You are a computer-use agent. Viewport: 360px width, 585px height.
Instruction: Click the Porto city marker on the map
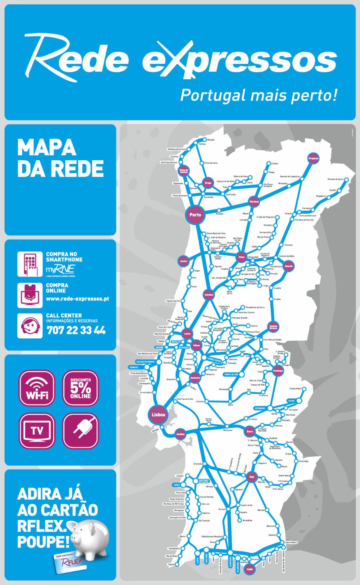[x=195, y=215]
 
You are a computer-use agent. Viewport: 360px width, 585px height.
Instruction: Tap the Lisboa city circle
[x=158, y=415]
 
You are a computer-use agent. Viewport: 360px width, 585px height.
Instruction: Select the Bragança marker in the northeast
[x=313, y=158]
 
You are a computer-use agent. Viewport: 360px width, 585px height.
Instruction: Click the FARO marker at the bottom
[x=250, y=569]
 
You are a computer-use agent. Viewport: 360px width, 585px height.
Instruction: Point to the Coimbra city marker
[x=209, y=295]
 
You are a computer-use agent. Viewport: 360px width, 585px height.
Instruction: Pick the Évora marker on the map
[x=250, y=431]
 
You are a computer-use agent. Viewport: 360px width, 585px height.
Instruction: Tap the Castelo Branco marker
[x=273, y=327]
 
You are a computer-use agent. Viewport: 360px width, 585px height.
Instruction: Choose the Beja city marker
[x=252, y=477]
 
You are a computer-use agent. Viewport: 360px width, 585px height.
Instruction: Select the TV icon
[x=37, y=431]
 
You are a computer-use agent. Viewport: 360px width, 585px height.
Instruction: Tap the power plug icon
[x=81, y=431]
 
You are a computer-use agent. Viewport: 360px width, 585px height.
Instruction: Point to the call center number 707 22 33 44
[x=76, y=330]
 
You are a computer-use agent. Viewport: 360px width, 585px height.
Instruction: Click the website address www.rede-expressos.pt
[x=77, y=299]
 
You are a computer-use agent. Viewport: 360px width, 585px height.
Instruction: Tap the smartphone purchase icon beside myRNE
[x=30, y=264]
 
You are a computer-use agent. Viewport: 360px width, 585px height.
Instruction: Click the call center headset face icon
[x=30, y=326]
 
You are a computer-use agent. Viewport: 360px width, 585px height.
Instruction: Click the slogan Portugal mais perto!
[x=259, y=95]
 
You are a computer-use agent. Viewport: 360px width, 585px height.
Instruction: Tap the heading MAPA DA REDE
[x=60, y=158]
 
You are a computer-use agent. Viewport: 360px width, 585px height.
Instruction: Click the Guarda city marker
[x=288, y=266]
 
